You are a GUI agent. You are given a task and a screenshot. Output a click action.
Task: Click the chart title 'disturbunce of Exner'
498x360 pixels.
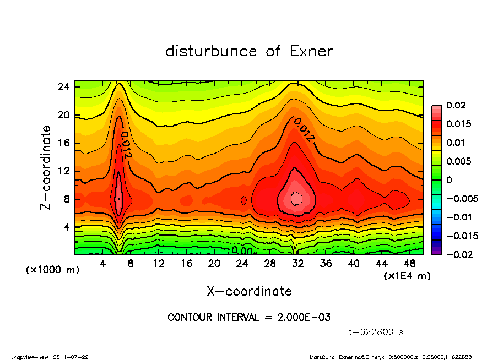[249, 52]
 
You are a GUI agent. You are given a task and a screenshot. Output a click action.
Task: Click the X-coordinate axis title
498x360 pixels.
[249, 291]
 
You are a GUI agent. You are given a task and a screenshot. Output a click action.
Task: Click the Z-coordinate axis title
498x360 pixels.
[46, 167]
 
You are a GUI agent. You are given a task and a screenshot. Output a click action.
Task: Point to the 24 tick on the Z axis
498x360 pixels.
[63, 87]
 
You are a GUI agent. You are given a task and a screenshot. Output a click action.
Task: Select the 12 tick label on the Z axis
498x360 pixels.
[63, 171]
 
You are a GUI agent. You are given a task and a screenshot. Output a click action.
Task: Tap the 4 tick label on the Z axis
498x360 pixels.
[66, 227]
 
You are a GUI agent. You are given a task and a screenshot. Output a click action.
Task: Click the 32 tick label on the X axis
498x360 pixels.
[298, 264]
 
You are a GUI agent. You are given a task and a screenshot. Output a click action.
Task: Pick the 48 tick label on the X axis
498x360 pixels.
[409, 264]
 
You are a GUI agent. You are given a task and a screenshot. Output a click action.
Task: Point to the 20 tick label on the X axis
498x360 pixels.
[214, 264]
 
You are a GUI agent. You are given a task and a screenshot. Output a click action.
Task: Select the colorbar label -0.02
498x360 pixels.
[459, 254]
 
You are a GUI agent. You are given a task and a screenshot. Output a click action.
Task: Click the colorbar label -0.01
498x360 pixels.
[459, 217]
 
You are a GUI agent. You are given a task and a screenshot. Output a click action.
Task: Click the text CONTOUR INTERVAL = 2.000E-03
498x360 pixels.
[249, 318]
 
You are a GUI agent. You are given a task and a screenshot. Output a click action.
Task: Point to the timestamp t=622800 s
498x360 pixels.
[376, 332]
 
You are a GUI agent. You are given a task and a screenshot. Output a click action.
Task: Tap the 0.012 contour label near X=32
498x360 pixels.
[304, 130]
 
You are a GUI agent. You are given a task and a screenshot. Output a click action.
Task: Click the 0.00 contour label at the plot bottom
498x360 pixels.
[242, 250]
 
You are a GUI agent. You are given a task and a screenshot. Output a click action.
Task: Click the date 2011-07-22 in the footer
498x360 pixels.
[71, 357]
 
